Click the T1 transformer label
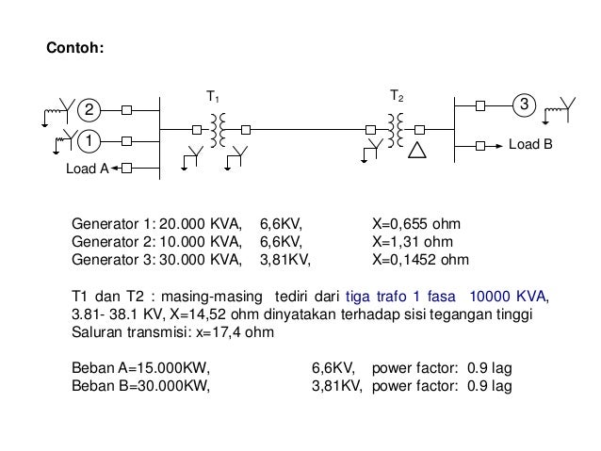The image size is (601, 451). (x=213, y=97)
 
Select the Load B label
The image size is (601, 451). (x=530, y=147)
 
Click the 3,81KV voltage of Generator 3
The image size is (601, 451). (x=284, y=259)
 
